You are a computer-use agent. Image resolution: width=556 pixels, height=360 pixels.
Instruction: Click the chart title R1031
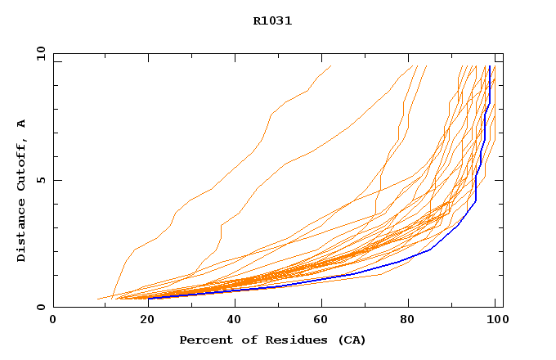tap(272, 21)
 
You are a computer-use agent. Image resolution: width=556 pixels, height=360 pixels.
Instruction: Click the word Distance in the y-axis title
tap(21, 232)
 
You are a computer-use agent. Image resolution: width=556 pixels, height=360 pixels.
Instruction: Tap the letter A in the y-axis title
tap(21, 124)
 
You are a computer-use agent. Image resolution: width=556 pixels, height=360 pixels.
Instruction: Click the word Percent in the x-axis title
tap(205, 340)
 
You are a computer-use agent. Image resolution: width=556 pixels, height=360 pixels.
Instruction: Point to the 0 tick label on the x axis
tap(53, 320)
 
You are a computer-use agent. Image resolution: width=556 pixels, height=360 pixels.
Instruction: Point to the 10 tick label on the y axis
tap(40, 53)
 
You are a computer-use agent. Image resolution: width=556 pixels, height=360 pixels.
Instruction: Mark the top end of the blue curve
tap(489, 66)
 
